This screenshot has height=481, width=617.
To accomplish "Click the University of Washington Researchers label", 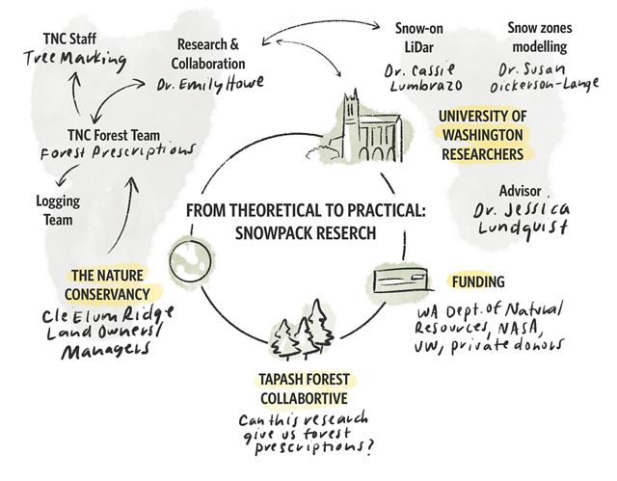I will [483, 135].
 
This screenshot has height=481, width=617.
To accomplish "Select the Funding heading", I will [479, 281].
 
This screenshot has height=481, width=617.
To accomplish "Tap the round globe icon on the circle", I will [188, 260].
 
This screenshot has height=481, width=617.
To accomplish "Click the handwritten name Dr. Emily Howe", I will [203, 84].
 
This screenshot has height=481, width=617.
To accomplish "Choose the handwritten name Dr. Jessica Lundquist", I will [523, 216].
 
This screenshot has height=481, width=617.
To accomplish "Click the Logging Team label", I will [58, 212].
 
